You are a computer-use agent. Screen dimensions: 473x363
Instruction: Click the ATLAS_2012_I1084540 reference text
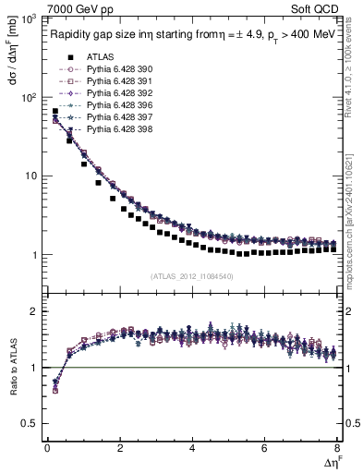[x=191, y=275]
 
